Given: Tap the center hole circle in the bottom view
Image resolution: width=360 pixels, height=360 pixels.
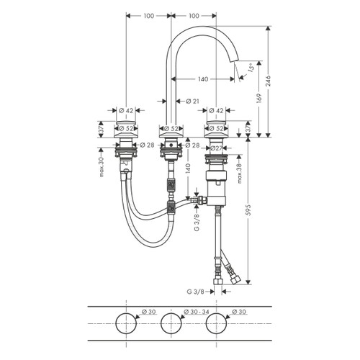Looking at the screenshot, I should click(x=171, y=323).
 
